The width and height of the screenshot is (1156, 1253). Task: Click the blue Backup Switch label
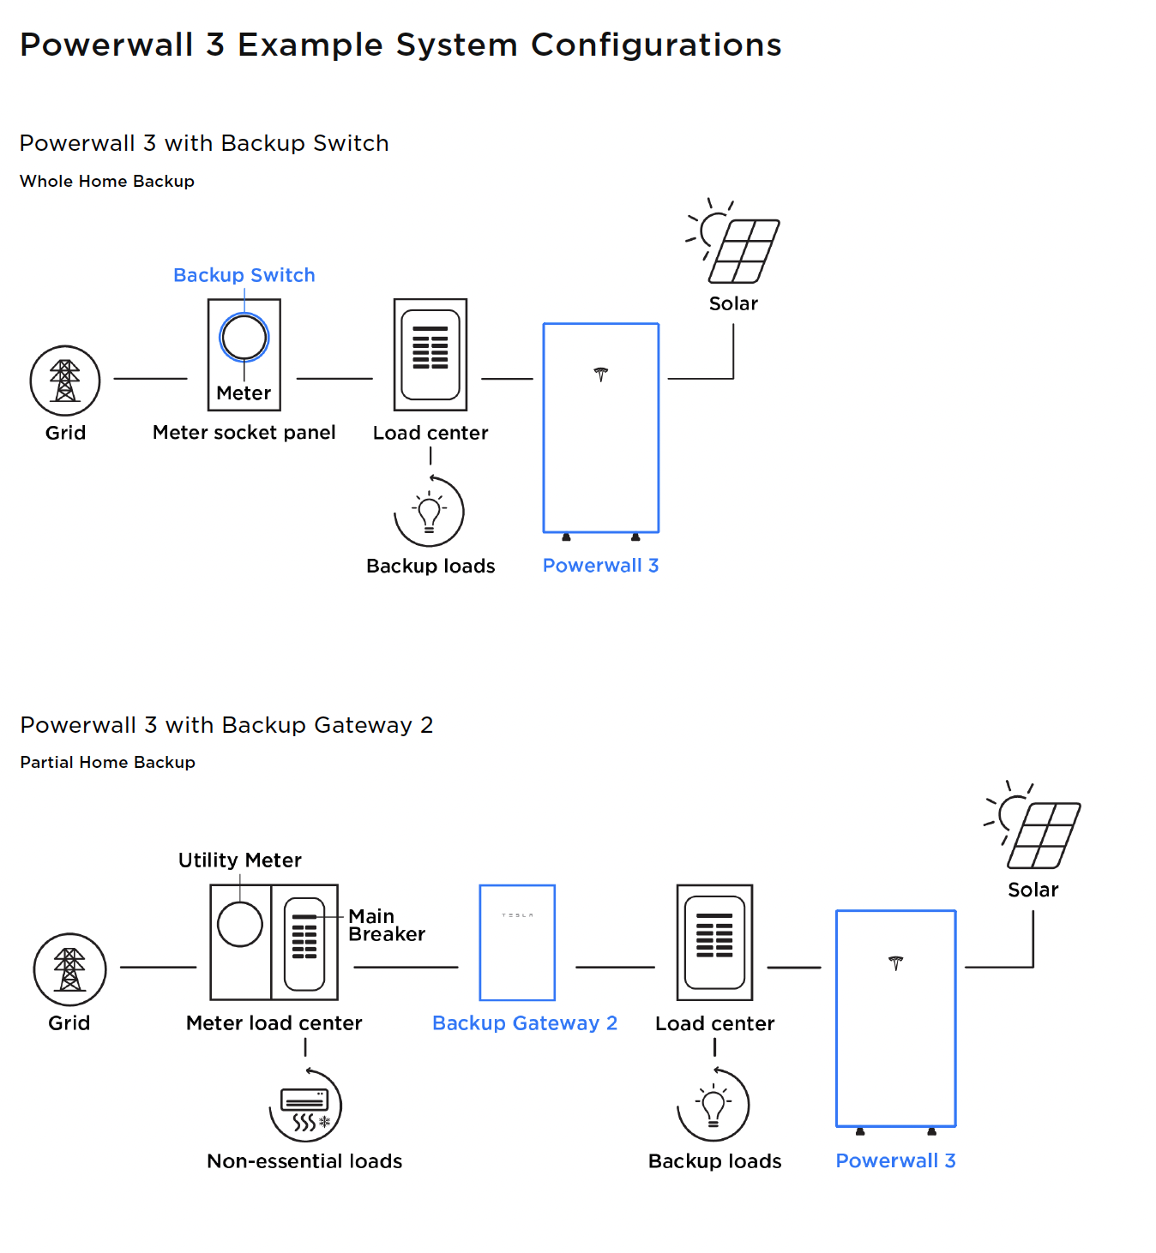point(244,275)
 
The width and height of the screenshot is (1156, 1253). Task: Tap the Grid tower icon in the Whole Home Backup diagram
point(65,381)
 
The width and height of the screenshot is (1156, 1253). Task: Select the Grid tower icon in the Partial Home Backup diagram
point(69,969)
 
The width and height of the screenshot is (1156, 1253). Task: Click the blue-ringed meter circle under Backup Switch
point(244,338)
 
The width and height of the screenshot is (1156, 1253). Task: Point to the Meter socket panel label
point(244,432)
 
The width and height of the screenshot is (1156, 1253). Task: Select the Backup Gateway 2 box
point(517,943)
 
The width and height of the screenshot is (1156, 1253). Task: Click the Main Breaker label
point(387,925)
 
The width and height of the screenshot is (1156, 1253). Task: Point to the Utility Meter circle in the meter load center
point(240,924)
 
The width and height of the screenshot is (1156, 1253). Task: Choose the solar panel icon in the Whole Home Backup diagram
point(733,241)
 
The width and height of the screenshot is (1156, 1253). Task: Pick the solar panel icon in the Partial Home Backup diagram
point(1033,824)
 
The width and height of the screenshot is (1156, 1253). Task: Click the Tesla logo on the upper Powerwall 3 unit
point(600,375)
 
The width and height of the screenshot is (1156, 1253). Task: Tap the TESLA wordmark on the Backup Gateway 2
point(517,914)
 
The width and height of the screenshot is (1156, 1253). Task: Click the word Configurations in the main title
point(656,45)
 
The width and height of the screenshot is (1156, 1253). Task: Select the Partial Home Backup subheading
point(107,762)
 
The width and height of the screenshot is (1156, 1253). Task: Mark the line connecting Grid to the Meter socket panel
point(150,379)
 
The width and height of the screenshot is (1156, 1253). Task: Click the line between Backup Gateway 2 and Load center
point(615,967)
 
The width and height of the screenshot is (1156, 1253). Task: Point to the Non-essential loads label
point(304,1161)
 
